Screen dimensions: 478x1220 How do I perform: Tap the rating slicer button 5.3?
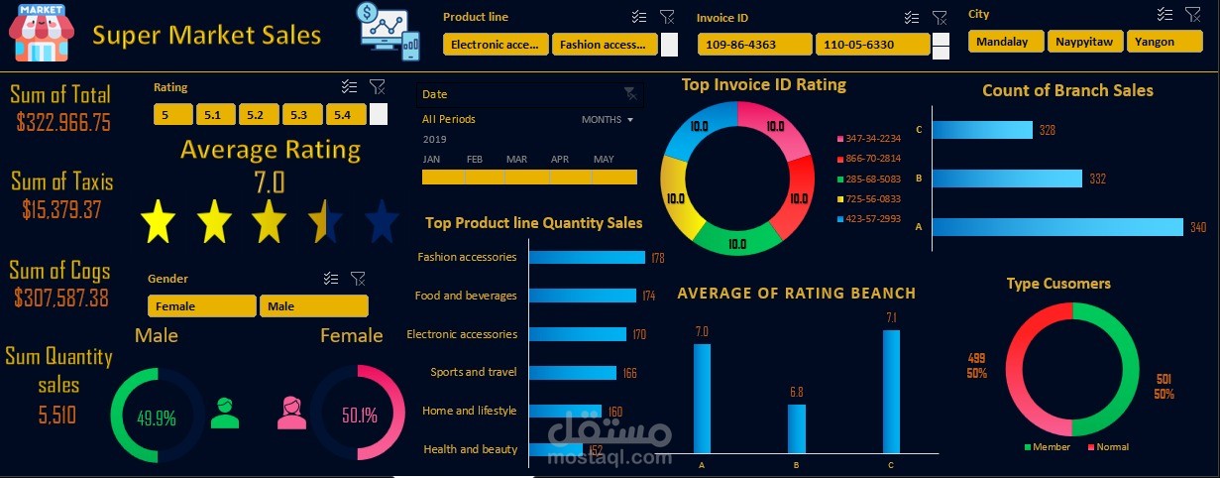pos(299,115)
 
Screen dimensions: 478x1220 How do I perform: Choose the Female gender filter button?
pos(201,306)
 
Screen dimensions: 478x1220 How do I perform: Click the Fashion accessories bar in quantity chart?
pos(587,257)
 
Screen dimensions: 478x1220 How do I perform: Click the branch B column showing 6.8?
pos(796,428)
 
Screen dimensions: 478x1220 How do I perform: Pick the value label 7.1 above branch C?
pos(891,317)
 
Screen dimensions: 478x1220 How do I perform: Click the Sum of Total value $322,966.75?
pos(63,123)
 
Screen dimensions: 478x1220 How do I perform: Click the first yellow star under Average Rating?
pos(159,221)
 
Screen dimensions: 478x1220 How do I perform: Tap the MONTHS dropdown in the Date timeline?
pos(607,119)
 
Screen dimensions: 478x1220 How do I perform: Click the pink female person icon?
pos(292,413)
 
